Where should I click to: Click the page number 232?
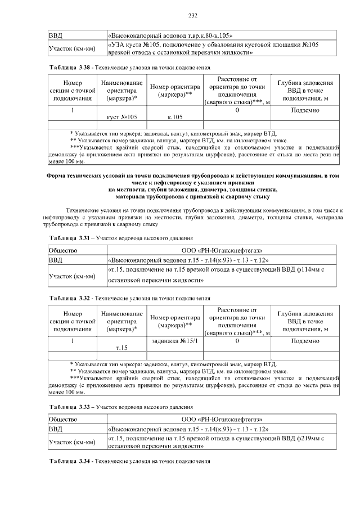click(x=179, y=15)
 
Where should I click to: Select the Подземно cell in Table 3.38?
click(x=306, y=110)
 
